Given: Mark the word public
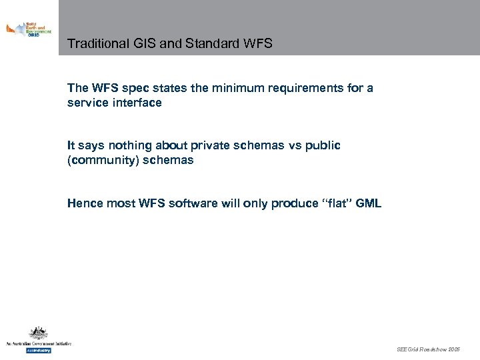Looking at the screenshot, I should tap(323, 145).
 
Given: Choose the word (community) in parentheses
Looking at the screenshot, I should tap(106, 160).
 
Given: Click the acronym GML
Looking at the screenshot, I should tap(369, 203).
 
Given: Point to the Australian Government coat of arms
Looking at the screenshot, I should tap(38, 333).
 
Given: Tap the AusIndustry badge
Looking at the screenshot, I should tap(38, 349).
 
